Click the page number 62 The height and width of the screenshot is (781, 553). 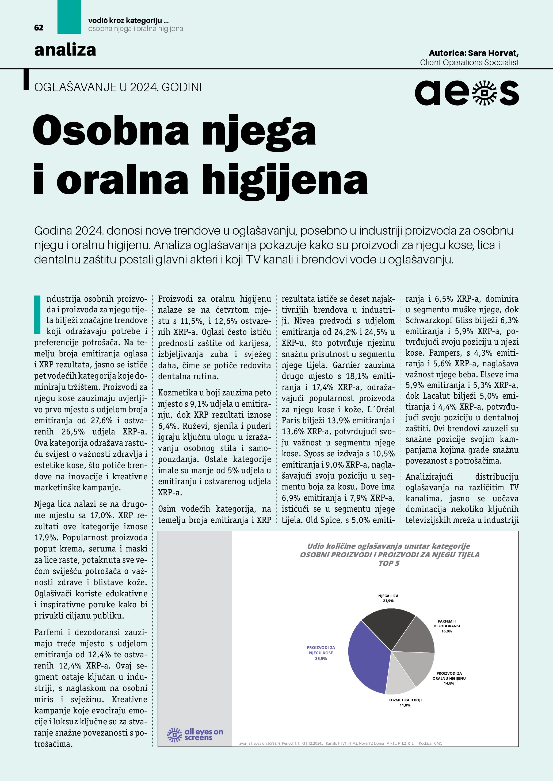click(x=39, y=28)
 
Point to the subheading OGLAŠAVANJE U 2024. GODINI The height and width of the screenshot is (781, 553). click(x=118, y=87)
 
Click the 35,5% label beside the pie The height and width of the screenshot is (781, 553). click(x=321, y=659)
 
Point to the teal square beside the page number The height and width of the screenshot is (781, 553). click(x=69, y=17)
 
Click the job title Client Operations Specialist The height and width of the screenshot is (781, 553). click(x=469, y=63)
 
